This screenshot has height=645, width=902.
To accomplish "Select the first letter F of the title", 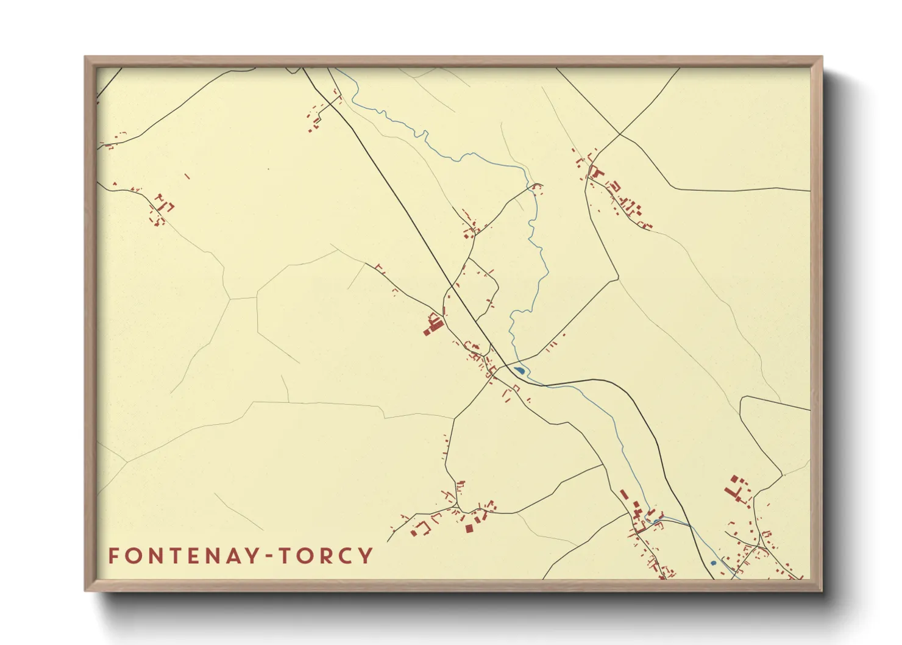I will tap(114, 556).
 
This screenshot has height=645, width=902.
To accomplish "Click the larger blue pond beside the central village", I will tap(520, 369).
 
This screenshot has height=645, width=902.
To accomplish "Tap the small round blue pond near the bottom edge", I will tap(713, 563).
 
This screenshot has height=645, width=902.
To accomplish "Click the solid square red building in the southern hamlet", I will tap(469, 528).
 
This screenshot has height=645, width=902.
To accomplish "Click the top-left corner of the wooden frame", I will tap(85, 57).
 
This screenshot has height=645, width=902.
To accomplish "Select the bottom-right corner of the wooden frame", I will tap(822, 591).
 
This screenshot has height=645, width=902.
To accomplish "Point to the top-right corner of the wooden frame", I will tap(822, 57).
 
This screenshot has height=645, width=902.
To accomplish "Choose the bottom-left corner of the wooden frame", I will tap(85, 591).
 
